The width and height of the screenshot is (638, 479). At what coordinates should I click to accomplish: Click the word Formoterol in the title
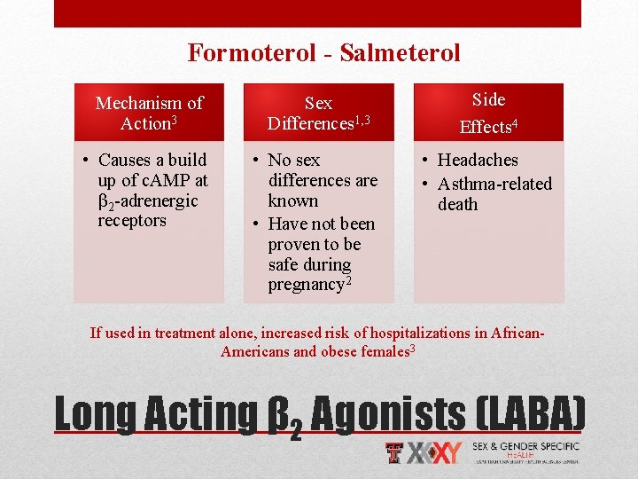(252, 53)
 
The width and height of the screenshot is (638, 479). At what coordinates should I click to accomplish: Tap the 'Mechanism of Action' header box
(149, 113)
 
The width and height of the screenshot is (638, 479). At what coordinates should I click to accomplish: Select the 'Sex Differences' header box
(319, 113)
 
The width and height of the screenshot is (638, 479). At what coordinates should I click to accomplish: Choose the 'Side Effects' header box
(488, 113)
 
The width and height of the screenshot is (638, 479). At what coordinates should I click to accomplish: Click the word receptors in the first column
(132, 220)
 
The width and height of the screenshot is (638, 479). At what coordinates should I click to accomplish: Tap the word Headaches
(478, 160)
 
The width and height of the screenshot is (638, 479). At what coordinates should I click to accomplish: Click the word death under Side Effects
(457, 204)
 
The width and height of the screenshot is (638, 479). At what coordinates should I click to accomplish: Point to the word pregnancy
(307, 285)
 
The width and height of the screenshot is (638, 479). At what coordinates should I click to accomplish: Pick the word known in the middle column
(292, 200)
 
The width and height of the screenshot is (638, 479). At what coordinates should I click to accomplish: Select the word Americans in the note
(254, 350)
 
